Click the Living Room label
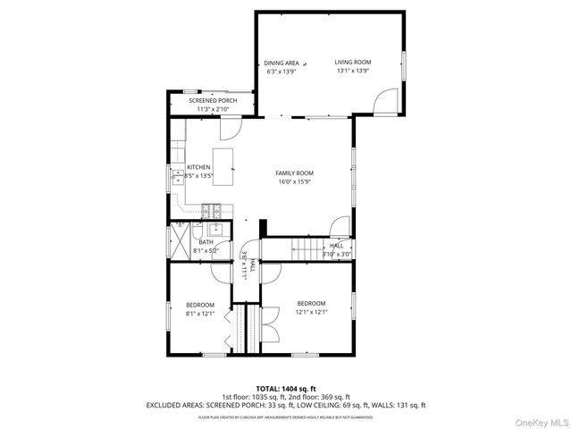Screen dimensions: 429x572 tap(353, 62)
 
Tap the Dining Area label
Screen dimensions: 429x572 tap(281, 63)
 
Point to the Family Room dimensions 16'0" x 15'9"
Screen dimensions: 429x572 tap(294, 181)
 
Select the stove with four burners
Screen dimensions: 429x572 tap(211, 211)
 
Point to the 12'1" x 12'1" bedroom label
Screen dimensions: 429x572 tap(311, 307)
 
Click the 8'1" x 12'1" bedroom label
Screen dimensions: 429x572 tap(199, 308)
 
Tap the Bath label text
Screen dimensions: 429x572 tap(206, 242)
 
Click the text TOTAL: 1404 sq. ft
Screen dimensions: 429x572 tap(285, 389)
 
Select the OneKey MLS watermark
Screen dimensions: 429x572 tap(538, 420)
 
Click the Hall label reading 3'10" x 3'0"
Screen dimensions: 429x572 tap(336, 249)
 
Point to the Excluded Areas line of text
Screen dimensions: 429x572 tap(285, 405)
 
